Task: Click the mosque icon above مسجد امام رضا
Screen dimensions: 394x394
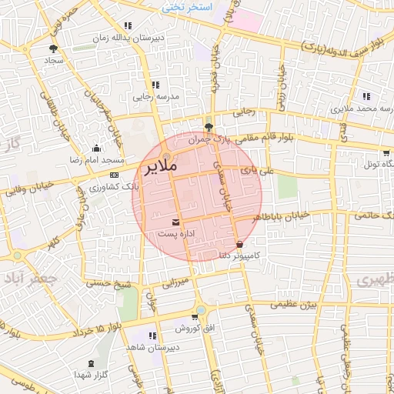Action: [x=95, y=149]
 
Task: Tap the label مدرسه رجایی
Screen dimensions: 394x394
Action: [x=155, y=97]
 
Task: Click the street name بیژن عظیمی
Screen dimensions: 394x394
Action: [x=293, y=305]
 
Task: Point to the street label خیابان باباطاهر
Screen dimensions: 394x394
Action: [x=284, y=215]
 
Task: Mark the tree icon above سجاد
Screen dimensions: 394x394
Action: [x=52, y=48]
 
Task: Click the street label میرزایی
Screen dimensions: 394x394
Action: [x=175, y=283]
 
